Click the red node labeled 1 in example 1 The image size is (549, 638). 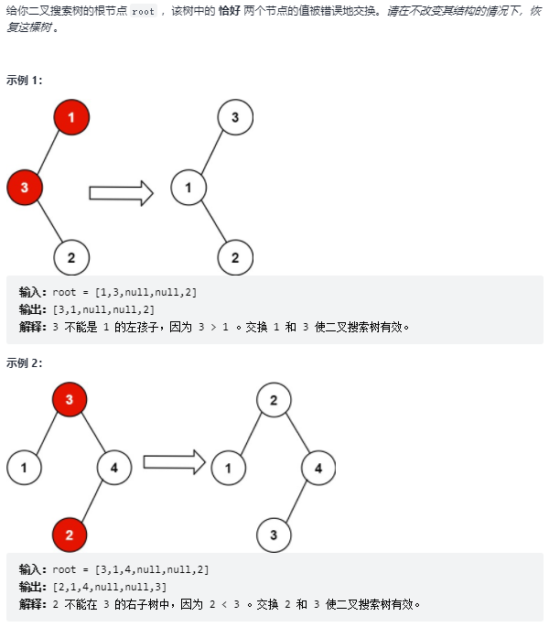[71, 117]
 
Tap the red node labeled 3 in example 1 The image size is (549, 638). [25, 188]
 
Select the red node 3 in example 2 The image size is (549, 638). [70, 399]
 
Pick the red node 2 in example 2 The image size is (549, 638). [70, 532]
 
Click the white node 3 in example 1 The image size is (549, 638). [235, 117]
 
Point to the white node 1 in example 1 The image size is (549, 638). [188, 189]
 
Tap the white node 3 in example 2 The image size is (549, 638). [273, 532]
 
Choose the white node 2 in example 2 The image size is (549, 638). [273, 399]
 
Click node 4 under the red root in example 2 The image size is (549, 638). [114, 468]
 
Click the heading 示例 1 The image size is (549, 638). [25, 80]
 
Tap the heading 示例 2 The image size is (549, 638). [25, 362]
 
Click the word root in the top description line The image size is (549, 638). [143, 12]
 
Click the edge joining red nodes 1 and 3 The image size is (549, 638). [48, 151]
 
